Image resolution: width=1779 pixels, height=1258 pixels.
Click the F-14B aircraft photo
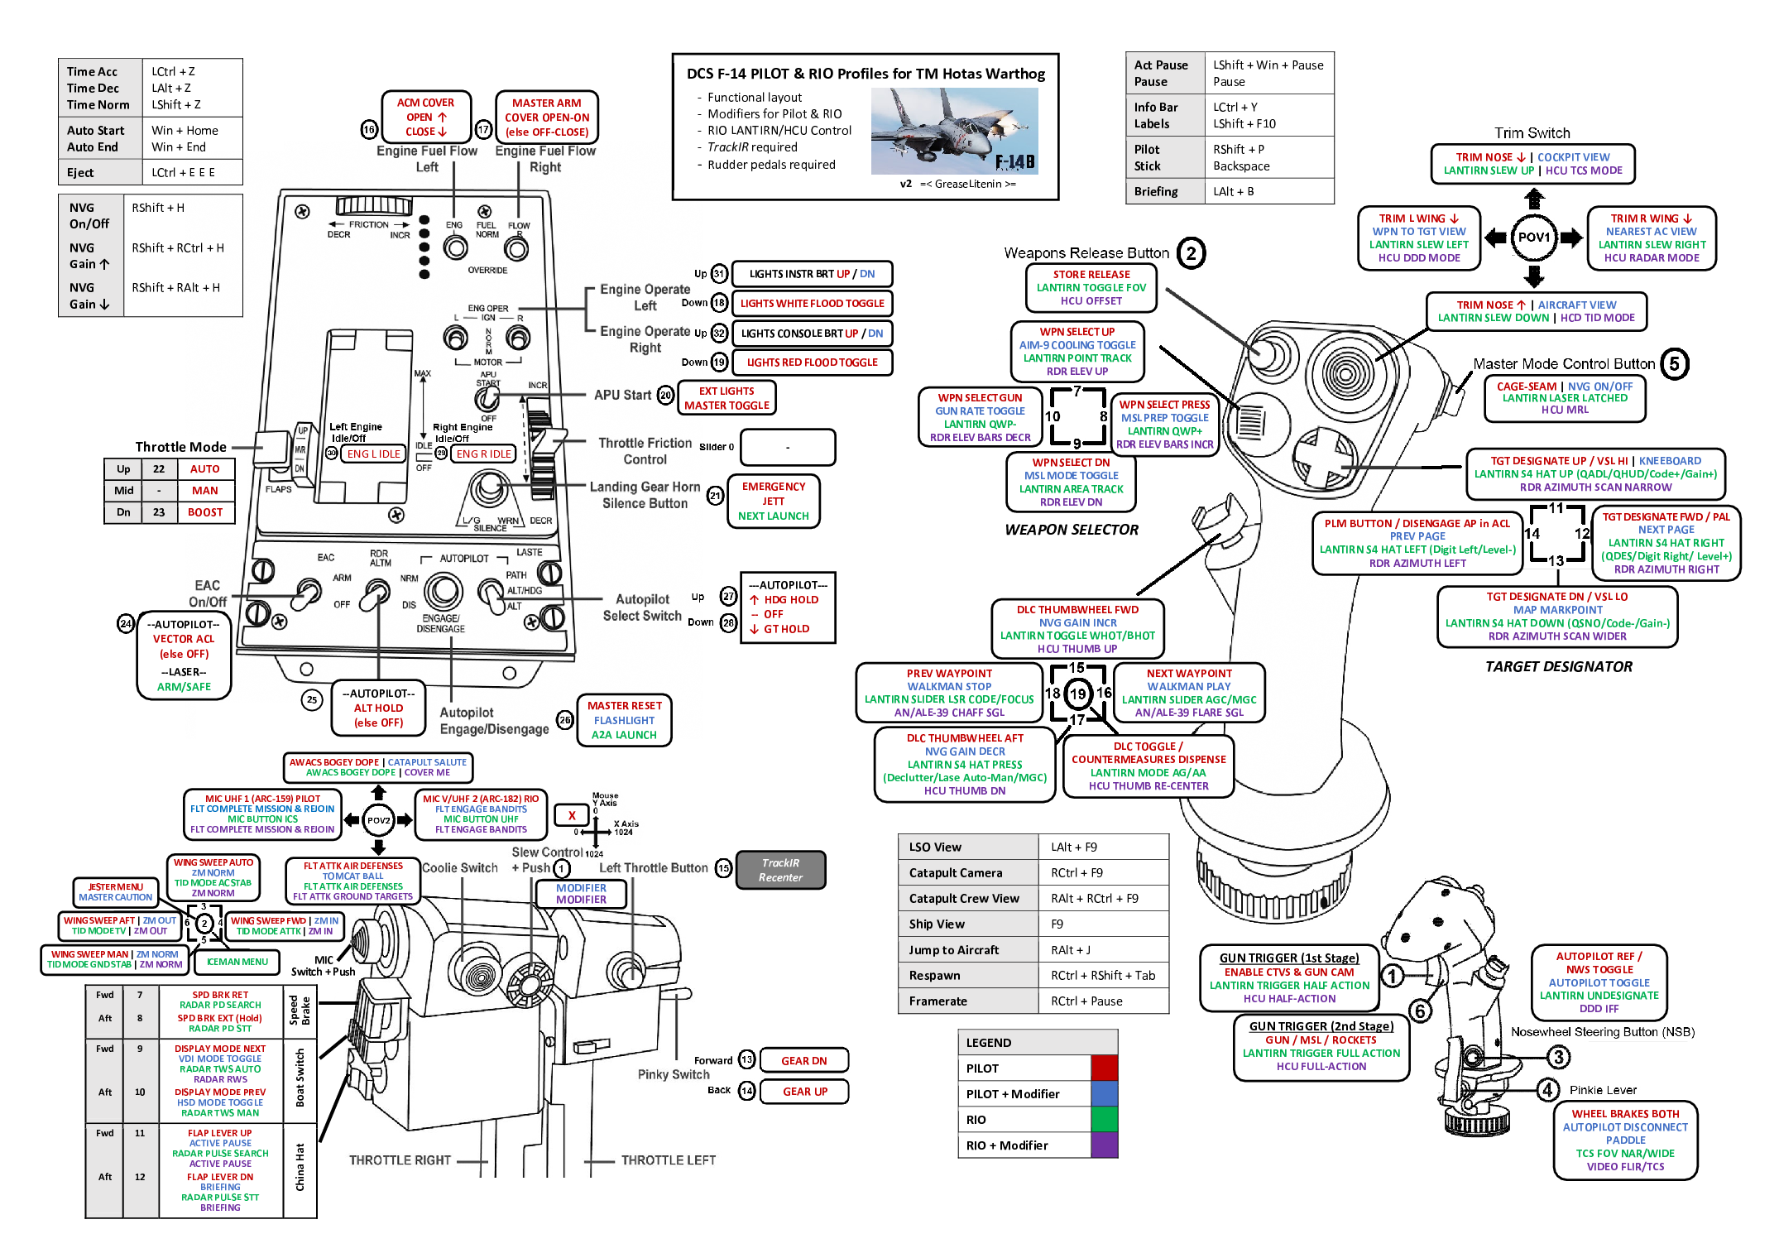point(954,131)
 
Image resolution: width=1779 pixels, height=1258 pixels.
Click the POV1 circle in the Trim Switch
point(1533,238)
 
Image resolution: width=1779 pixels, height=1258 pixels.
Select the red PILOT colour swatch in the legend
point(1104,1068)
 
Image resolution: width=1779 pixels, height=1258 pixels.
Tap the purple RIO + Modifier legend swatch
point(1104,1145)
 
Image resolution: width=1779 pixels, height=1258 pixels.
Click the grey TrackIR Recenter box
point(780,870)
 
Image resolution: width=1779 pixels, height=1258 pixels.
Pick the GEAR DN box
point(803,1060)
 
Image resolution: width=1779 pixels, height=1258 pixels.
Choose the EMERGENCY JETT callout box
point(773,501)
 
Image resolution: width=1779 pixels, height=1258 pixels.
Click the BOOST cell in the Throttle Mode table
point(204,512)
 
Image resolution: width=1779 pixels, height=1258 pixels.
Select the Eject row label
point(80,172)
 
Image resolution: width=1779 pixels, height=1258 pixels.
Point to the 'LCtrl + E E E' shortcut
point(183,172)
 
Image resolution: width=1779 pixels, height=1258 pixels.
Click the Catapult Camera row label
point(955,872)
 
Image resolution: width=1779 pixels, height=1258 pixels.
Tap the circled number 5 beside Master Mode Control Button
point(1674,364)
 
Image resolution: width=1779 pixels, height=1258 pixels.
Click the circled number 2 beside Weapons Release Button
point(1191,253)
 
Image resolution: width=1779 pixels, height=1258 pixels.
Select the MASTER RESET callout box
point(624,720)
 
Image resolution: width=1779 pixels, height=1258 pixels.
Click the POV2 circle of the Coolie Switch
point(378,820)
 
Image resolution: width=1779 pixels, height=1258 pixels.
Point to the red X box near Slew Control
point(571,815)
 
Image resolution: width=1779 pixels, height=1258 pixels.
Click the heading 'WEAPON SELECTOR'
point(1072,530)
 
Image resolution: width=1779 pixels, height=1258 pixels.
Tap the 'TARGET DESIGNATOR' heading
point(1558,666)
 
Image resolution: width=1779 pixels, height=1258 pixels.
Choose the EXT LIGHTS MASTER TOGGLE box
point(726,398)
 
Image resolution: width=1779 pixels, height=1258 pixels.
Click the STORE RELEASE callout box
point(1091,287)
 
